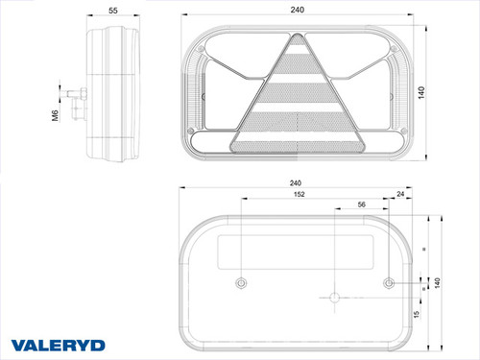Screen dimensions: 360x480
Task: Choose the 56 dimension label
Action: coord(361,205)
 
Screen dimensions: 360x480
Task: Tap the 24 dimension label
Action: coord(399,195)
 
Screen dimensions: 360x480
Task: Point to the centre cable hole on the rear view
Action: coord(334,298)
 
